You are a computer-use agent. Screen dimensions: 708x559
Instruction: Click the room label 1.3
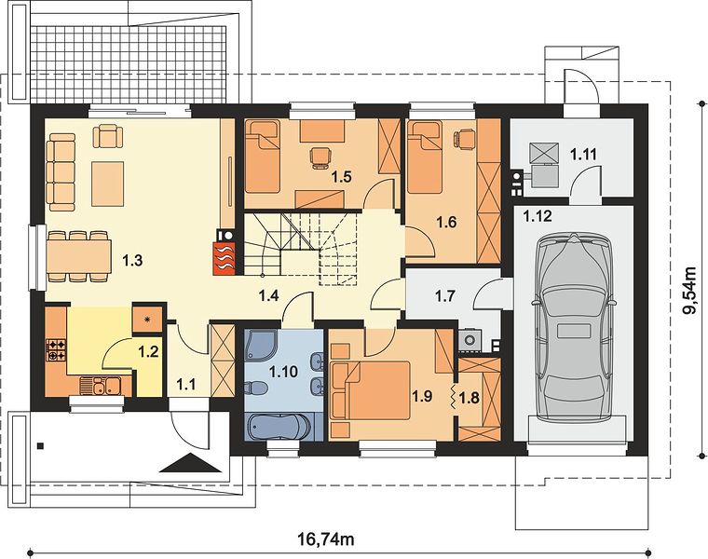[132, 261]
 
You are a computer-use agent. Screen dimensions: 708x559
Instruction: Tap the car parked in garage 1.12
[574, 325]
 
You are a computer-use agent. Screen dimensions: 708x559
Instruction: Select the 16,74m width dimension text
[325, 539]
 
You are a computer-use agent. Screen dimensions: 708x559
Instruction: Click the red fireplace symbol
[225, 258]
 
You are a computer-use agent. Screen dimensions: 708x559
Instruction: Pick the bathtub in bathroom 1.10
[279, 427]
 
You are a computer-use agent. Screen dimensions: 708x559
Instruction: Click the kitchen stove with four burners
[56, 350]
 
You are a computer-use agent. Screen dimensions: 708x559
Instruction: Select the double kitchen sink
[101, 387]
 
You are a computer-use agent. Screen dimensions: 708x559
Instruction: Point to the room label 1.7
[444, 296]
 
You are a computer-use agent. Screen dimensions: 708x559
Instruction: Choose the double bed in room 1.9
[371, 390]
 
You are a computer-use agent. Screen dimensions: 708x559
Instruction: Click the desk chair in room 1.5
[321, 158]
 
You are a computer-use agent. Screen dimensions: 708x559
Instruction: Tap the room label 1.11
[583, 155]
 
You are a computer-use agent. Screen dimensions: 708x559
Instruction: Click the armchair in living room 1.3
[108, 136]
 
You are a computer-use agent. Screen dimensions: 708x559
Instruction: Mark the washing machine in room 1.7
[470, 340]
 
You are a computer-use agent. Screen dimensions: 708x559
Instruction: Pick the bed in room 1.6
[424, 157]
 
